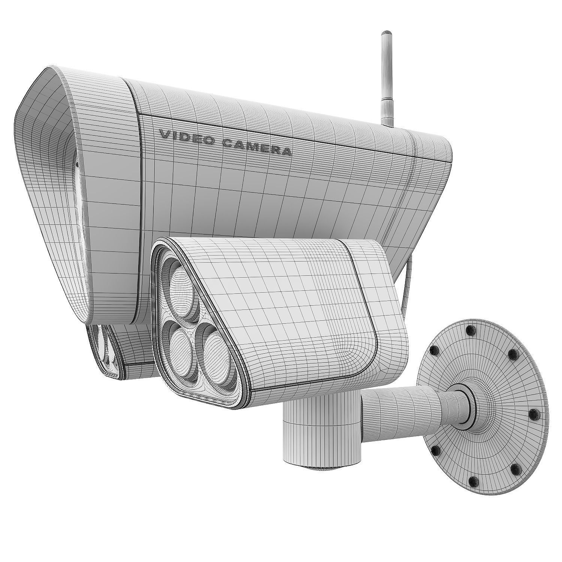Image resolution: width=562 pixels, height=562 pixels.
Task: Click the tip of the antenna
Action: (385, 34)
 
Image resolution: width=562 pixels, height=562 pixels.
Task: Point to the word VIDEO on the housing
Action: (186, 137)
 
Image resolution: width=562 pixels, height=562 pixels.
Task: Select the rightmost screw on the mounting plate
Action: (535, 413)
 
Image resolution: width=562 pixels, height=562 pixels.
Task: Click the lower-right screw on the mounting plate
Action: (517, 467)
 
